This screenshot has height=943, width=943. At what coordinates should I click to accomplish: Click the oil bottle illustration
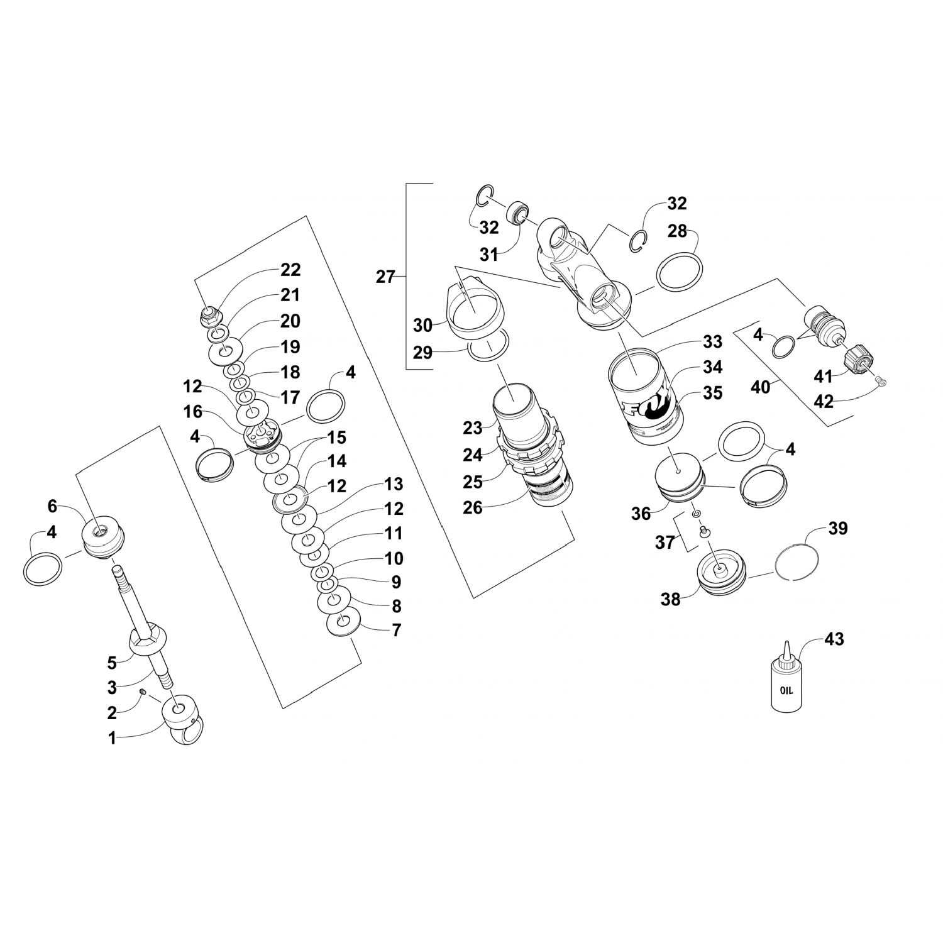(786, 685)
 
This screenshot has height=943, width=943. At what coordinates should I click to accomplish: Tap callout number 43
(834, 639)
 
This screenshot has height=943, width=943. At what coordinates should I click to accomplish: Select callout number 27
(385, 277)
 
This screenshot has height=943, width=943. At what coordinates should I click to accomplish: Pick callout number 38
(670, 599)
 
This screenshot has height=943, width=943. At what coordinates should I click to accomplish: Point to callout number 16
(193, 412)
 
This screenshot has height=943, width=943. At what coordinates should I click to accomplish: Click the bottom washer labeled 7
(343, 622)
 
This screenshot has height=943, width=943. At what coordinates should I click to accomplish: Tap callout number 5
(112, 663)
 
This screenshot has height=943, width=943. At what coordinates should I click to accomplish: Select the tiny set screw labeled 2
(143, 692)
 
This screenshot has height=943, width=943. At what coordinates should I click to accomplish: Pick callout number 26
(472, 507)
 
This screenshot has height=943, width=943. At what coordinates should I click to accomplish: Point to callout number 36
(641, 514)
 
